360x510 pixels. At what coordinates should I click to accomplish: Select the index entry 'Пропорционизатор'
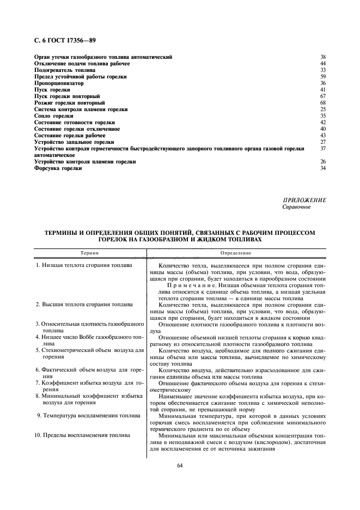click(59, 83)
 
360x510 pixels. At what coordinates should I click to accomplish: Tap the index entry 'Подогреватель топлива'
click(65, 70)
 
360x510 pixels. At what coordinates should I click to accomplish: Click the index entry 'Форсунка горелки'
click(58, 168)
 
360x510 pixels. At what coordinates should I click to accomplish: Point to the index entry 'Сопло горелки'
click(53, 116)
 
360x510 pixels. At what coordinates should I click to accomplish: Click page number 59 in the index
click(322, 77)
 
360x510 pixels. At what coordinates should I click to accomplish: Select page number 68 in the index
click(322, 103)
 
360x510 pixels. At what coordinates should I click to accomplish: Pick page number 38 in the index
click(322, 57)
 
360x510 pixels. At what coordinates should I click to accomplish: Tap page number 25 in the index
click(322, 110)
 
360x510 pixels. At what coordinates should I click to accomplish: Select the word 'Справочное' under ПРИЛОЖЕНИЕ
click(296, 207)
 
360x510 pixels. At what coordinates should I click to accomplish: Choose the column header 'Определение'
click(236, 253)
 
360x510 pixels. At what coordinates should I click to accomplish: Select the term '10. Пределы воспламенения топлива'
click(82, 435)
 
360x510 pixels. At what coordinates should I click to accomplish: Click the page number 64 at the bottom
click(180, 465)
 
